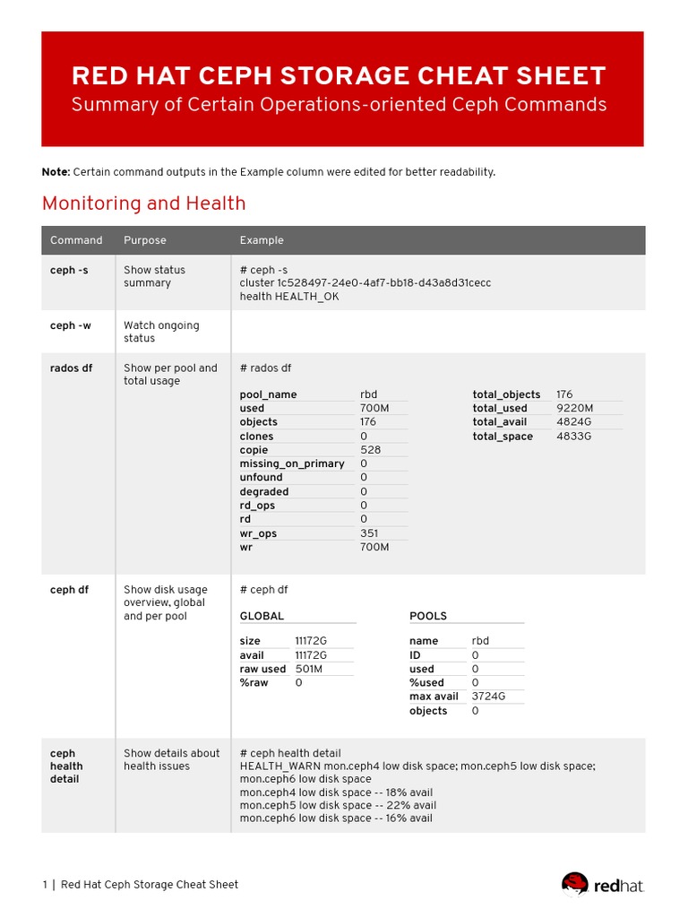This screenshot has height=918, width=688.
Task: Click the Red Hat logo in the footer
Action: [x=602, y=885]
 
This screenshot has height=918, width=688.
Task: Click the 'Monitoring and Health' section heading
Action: [x=143, y=204]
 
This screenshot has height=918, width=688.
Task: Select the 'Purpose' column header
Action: [x=144, y=240]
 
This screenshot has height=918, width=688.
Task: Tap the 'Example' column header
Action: [x=262, y=240]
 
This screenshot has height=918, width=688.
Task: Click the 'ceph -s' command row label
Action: [x=69, y=270]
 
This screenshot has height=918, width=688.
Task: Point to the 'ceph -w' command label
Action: [x=70, y=325]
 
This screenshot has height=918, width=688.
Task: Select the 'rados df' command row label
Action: [x=71, y=368]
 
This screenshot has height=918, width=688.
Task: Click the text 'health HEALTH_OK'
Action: [x=288, y=296]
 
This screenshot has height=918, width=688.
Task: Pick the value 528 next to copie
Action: [x=370, y=450]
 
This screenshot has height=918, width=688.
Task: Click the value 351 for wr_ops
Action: [x=369, y=533]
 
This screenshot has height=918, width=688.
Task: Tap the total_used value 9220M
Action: [x=574, y=408]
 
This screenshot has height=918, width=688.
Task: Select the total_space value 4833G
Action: [x=573, y=437]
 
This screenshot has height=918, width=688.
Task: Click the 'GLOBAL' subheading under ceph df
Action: [x=262, y=616]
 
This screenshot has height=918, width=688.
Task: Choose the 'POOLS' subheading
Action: [x=428, y=616]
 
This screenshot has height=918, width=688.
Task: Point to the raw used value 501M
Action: [x=308, y=669]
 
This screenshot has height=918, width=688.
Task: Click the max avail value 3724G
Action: [x=488, y=697]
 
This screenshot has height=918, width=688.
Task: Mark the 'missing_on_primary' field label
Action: [x=292, y=463]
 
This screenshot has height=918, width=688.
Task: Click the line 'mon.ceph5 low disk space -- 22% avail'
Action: [x=338, y=805]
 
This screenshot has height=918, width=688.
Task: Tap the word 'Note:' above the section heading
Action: [x=56, y=172]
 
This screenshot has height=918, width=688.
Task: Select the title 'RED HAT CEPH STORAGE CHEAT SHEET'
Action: [x=339, y=76]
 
